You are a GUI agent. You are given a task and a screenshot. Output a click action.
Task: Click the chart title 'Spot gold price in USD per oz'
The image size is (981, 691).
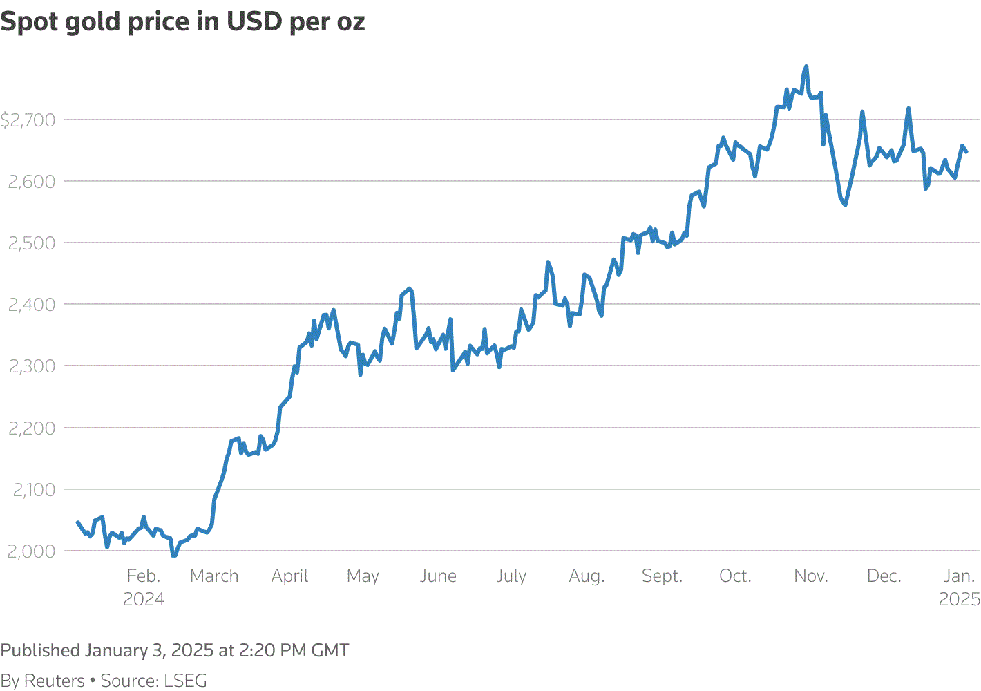[182, 22]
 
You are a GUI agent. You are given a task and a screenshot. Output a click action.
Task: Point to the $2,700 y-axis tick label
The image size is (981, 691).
[28, 121]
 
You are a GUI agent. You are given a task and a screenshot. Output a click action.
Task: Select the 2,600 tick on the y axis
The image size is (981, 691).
[31, 182]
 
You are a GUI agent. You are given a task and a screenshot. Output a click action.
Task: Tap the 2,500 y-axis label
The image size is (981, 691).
[31, 243]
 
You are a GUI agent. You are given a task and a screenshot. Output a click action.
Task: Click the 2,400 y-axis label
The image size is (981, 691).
[31, 305]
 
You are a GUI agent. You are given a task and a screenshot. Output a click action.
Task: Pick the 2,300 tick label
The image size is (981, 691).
[31, 366]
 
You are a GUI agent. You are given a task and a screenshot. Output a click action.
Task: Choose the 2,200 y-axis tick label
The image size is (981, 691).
[31, 428]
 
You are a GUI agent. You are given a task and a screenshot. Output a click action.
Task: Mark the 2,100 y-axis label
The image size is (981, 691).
[33, 490]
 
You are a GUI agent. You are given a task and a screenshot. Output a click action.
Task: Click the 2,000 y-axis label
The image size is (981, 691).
[31, 551]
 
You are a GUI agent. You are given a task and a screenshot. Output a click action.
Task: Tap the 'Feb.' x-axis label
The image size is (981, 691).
[143, 576]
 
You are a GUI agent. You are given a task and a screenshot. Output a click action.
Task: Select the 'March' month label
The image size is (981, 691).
[214, 576]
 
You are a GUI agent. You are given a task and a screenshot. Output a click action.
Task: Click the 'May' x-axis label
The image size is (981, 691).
[363, 576]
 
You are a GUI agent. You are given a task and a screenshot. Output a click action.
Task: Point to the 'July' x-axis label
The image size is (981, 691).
[511, 576]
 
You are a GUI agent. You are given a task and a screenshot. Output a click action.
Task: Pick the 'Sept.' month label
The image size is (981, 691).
[662, 576]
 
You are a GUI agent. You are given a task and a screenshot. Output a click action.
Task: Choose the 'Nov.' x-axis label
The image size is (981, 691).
[810, 576]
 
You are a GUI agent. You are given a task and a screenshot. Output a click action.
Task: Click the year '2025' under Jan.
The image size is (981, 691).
[959, 599]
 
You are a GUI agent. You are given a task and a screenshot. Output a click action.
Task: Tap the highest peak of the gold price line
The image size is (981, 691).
[806, 67]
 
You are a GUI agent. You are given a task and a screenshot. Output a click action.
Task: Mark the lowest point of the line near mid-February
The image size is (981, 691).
[174, 555]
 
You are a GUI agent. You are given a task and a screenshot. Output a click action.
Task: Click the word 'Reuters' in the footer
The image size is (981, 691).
[55, 681]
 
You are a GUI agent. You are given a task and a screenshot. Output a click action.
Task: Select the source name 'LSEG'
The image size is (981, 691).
[185, 681]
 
